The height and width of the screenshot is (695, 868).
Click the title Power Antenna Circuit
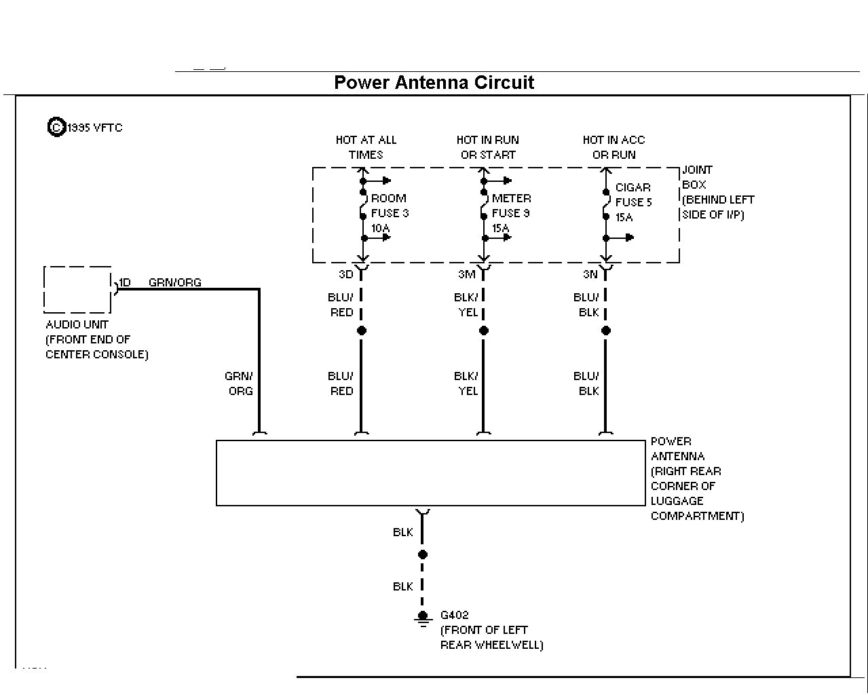pyautogui.click(x=434, y=83)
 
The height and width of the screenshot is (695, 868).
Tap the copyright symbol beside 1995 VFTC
pyautogui.click(x=56, y=127)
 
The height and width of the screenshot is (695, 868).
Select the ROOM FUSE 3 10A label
pyautogui.click(x=390, y=213)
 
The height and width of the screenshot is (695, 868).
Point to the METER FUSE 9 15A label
pyautogui.click(x=511, y=213)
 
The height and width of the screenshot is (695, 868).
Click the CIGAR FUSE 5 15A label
pyautogui.click(x=633, y=202)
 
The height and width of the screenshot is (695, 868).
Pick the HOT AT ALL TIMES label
pyautogui.click(x=366, y=147)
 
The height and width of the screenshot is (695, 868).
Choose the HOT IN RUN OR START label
pyautogui.click(x=488, y=147)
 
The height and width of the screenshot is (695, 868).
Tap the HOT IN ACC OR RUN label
pyautogui.click(x=614, y=147)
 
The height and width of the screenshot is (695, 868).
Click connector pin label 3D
pyautogui.click(x=346, y=274)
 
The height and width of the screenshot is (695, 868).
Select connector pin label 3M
pyautogui.click(x=467, y=274)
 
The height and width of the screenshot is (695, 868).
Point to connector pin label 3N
pyautogui.click(x=590, y=274)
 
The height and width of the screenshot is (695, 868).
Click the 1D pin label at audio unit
pyautogui.click(x=125, y=282)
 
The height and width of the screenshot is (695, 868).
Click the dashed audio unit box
pyautogui.click(x=44, y=290)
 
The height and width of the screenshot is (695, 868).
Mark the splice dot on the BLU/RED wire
pyautogui.click(x=362, y=331)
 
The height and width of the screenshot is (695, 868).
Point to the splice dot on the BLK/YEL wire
pyautogui.click(x=484, y=331)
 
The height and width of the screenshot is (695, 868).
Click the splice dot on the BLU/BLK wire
pyautogui.click(x=606, y=331)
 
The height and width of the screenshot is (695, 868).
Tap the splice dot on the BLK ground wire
pyautogui.click(x=423, y=555)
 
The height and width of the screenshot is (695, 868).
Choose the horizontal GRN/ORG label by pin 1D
pyautogui.click(x=175, y=282)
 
